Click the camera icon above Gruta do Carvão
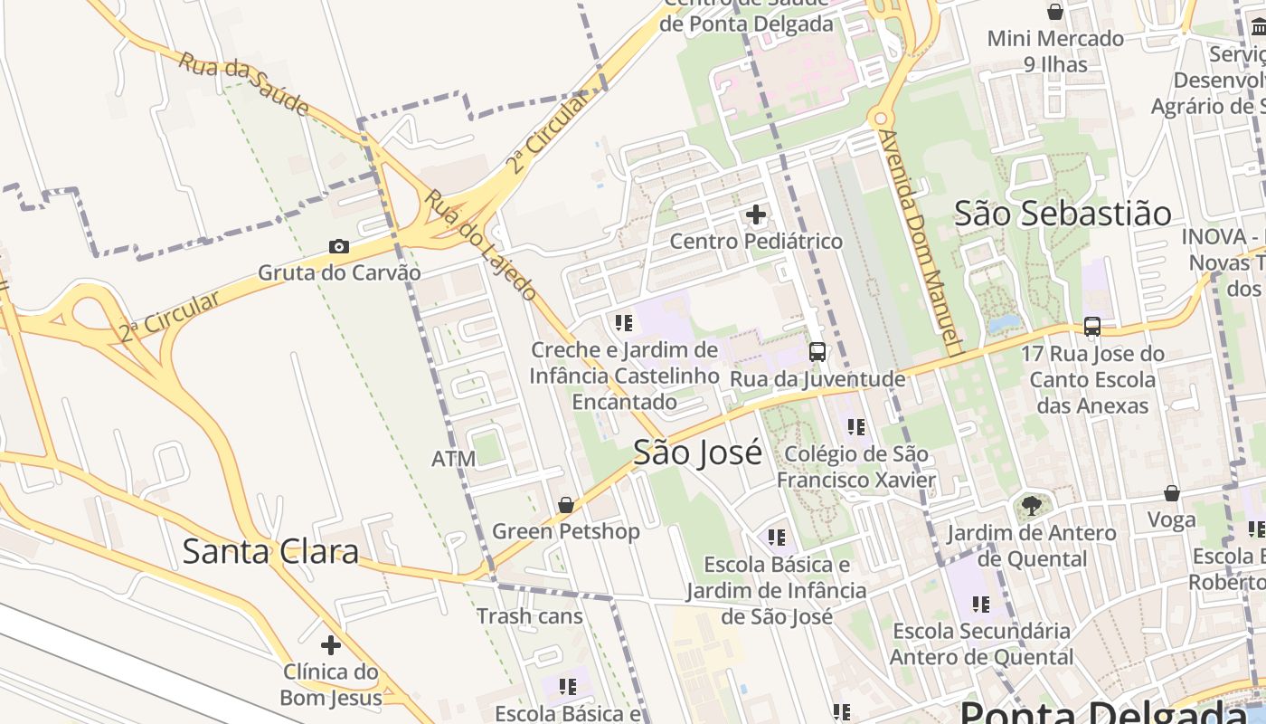tap(339, 246)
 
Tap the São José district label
tap(697, 452)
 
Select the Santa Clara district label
tap(270, 551)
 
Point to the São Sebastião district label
tap(1063, 214)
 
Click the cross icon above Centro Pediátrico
tap(756, 215)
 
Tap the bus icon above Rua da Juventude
tap(817, 352)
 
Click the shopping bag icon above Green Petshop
tap(566, 505)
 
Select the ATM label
tap(453, 459)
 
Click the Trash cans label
tap(530, 616)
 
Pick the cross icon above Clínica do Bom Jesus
tap(331, 645)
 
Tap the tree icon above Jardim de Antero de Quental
tap(1031, 506)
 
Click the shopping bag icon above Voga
tap(1172, 493)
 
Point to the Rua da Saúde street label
tap(243, 83)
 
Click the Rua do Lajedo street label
tap(482, 244)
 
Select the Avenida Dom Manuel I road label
tap(919, 242)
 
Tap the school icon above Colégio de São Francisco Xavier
tap(856, 426)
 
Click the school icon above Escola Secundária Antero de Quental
tap(981, 604)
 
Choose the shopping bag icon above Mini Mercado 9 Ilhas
tap(1054, 12)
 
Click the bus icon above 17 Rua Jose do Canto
tap(1092, 327)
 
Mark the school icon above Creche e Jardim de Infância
tap(623, 322)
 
